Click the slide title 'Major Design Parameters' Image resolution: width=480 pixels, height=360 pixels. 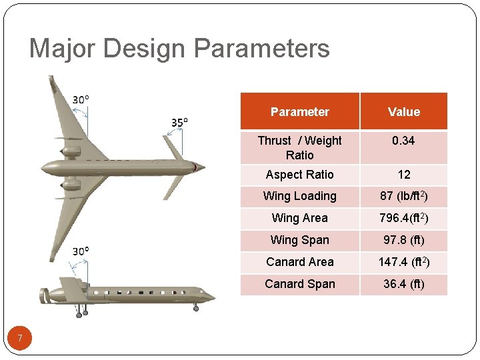(179, 49)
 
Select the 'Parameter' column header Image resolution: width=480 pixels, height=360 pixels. (299, 112)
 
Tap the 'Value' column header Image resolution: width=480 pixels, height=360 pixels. (404, 112)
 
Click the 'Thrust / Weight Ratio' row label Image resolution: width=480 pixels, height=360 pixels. (299, 147)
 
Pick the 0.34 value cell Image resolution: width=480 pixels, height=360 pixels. (404, 141)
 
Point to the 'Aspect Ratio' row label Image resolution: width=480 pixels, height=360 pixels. (299, 175)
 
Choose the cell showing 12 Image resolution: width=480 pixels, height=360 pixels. (404, 175)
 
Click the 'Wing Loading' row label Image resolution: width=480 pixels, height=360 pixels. (299, 196)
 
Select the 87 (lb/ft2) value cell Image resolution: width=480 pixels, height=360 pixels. (404, 196)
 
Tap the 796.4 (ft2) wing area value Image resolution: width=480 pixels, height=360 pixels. (404, 218)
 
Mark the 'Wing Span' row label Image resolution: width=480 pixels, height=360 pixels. (299, 240)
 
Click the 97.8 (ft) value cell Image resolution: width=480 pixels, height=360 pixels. (404, 240)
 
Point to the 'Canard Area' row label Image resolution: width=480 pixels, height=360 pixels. (299, 262)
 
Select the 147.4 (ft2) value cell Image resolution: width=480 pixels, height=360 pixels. (404, 262)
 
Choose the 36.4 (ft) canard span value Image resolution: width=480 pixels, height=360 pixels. (404, 284)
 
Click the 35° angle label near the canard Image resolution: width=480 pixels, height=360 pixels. (179, 122)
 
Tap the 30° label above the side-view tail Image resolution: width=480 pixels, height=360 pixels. (81, 251)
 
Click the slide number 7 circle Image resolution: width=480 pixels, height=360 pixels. (20, 339)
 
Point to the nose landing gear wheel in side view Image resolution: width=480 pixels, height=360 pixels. (195, 307)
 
